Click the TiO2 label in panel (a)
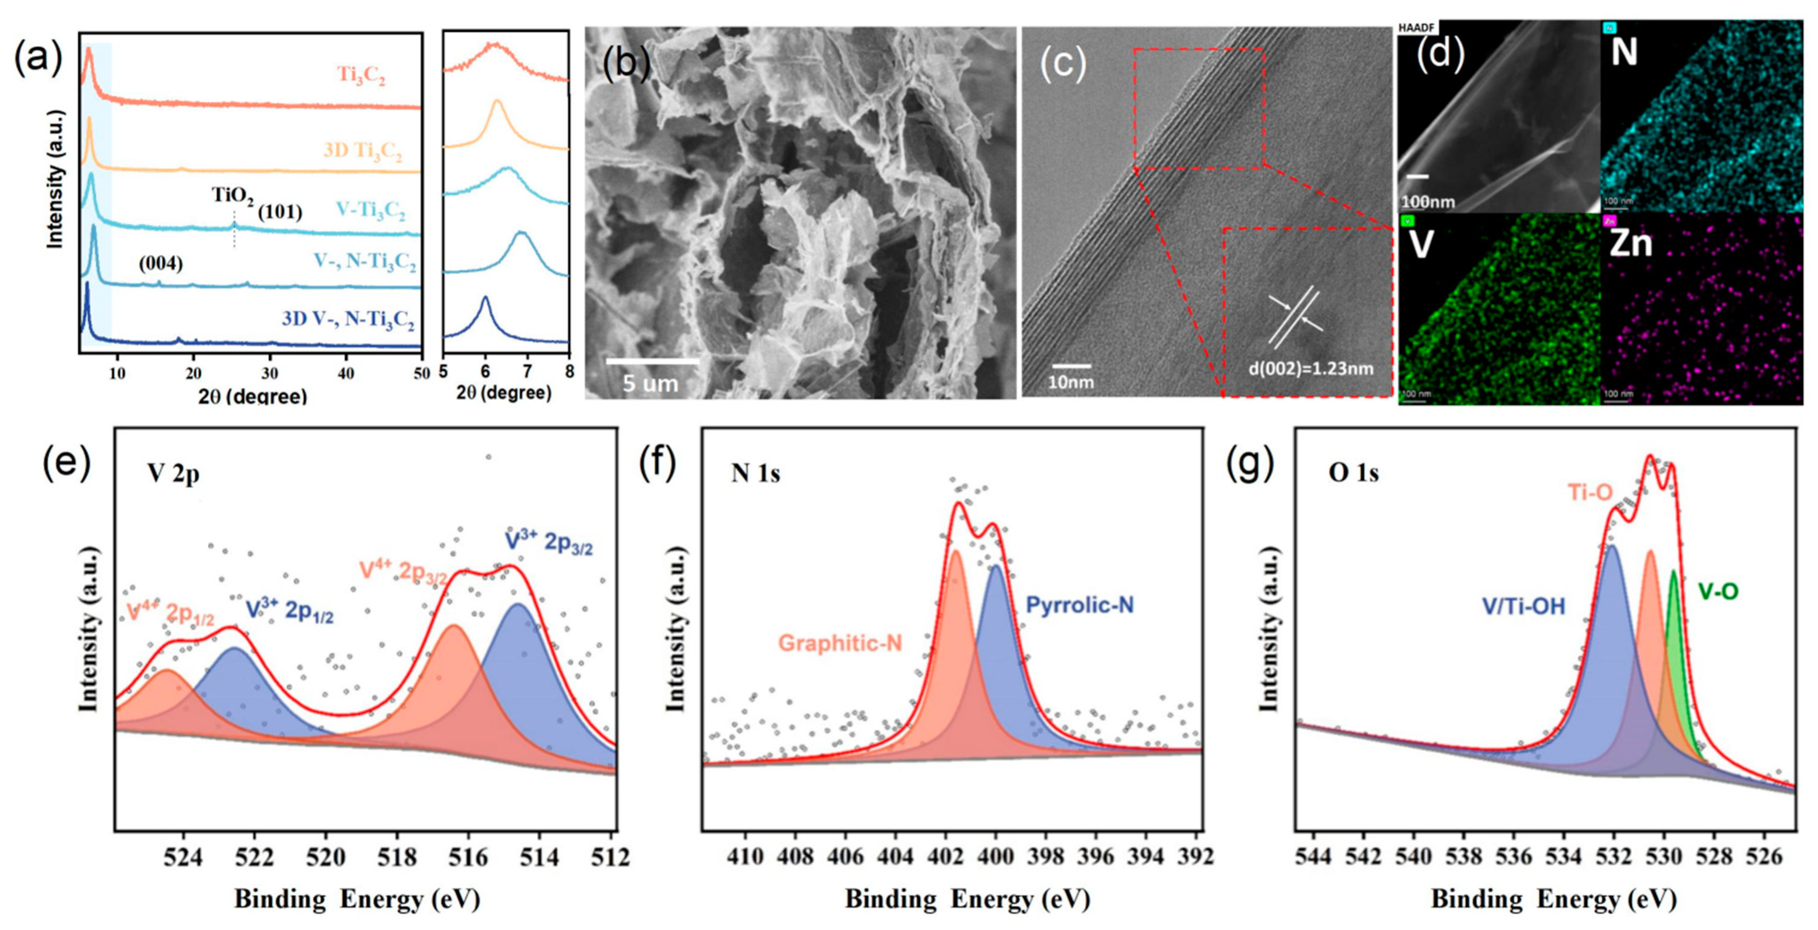[232, 196]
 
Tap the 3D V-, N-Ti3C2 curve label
[348, 319]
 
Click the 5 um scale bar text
[650, 384]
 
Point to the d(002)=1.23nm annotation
[1310, 368]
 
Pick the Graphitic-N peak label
[840, 642]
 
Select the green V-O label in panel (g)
[1717, 591]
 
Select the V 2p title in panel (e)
[174, 473]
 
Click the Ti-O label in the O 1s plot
[1590, 492]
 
